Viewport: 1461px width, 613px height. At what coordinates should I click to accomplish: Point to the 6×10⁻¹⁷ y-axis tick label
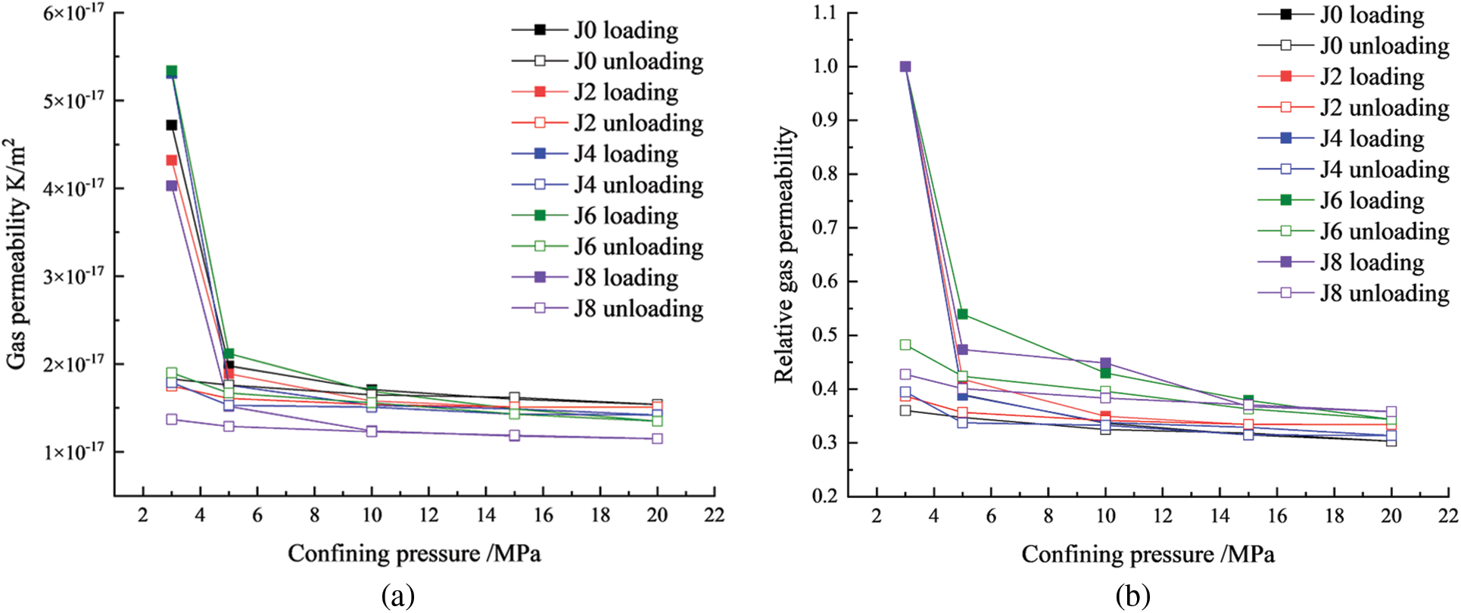(x=73, y=13)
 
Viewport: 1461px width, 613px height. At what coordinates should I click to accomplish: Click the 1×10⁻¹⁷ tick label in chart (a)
(x=73, y=452)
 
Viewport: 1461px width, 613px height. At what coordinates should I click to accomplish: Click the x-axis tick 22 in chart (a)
(x=714, y=515)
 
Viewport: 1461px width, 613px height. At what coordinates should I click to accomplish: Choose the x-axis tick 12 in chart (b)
(x=1163, y=516)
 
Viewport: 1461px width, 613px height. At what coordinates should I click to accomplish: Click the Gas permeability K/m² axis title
(x=17, y=254)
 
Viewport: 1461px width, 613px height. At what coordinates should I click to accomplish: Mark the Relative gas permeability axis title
(x=785, y=254)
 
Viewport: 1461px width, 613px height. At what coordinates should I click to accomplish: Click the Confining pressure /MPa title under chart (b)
(x=1148, y=554)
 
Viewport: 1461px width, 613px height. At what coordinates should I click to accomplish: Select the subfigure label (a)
(x=398, y=596)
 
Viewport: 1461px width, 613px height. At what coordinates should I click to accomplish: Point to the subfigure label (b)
(x=1132, y=596)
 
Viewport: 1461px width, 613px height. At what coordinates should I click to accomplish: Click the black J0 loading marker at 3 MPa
(x=172, y=125)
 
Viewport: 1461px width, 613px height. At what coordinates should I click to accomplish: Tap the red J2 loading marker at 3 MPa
(x=172, y=160)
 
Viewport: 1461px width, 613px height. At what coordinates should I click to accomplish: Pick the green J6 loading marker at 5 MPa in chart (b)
(x=963, y=314)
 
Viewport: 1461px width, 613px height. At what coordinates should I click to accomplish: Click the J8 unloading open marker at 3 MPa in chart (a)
(x=172, y=419)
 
